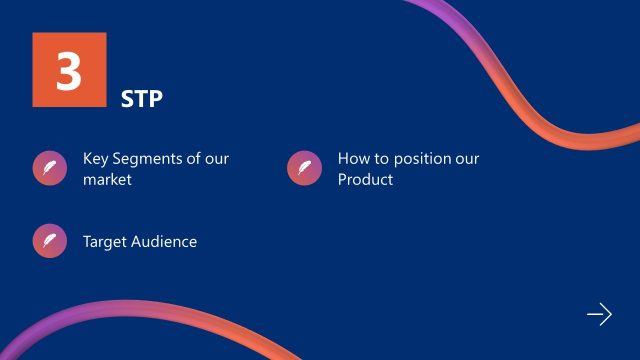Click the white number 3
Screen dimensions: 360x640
(68, 71)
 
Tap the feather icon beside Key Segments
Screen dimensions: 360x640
(49, 168)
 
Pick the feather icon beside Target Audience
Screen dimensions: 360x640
(49, 241)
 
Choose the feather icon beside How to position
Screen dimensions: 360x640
(304, 168)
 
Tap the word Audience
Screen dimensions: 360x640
(165, 241)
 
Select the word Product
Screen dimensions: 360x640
(365, 180)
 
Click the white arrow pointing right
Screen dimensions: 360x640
(599, 315)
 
